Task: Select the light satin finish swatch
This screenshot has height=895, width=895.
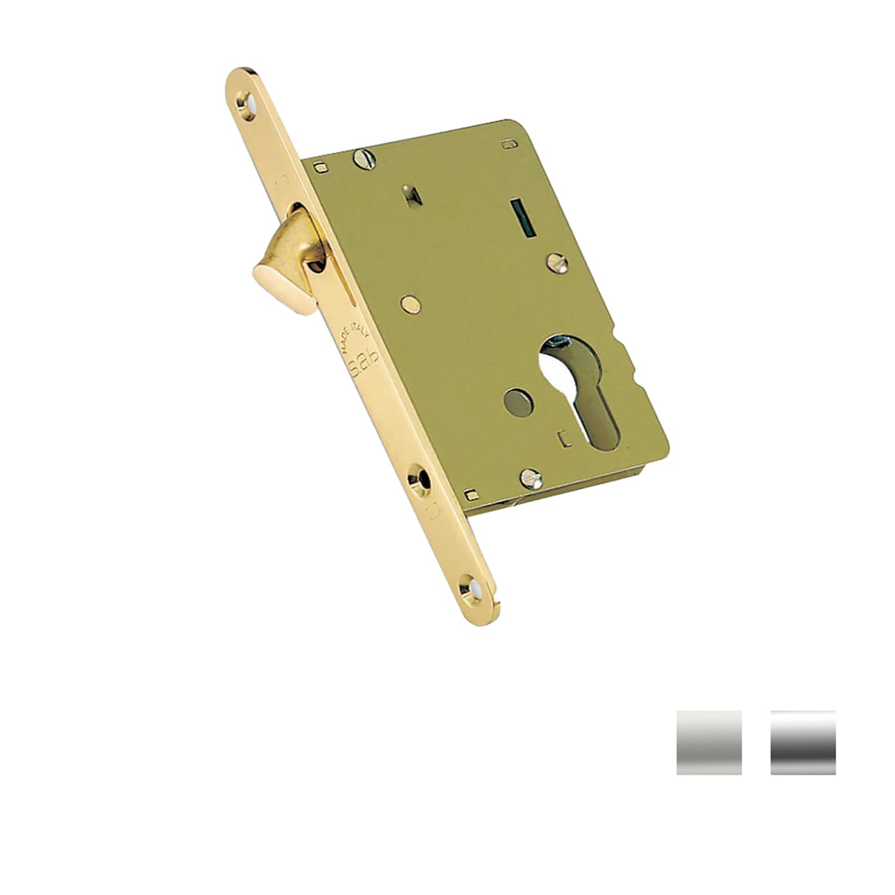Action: click(709, 742)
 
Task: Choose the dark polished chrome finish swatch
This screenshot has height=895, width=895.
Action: click(803, 742)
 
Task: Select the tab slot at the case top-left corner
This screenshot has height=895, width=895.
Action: click(320, 166)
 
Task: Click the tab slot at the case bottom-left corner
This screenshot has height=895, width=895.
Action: click(472, 494)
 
